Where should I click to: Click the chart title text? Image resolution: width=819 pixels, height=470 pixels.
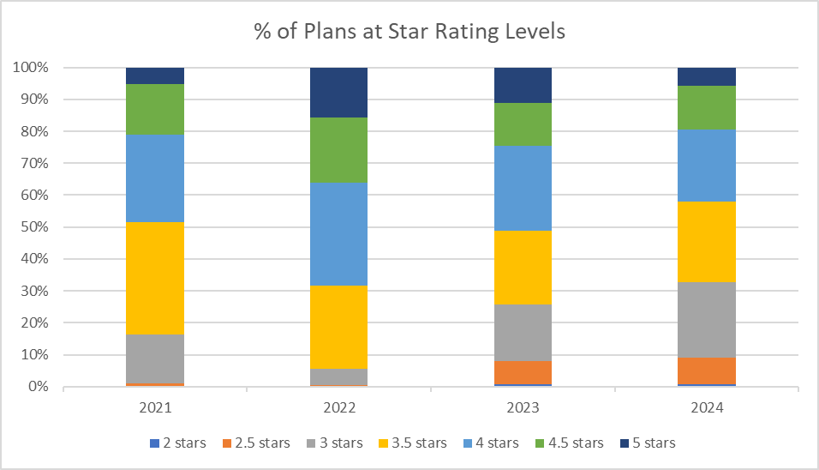coord(409,32)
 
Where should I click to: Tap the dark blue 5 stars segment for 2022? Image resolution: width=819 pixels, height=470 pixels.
coord(339,93)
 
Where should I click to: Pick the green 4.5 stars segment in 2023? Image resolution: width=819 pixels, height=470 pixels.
coord(523,124)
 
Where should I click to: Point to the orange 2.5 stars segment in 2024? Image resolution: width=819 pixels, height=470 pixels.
coord(707,371)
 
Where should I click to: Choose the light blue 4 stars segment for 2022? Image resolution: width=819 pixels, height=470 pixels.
coord(339,234)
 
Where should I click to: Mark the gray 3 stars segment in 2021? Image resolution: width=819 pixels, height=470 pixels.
coord(155,359)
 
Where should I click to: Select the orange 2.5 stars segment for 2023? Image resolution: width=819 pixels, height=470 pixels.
coord(523,372)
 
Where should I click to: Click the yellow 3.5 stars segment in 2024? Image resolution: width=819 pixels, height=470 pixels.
coord(707,242)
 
